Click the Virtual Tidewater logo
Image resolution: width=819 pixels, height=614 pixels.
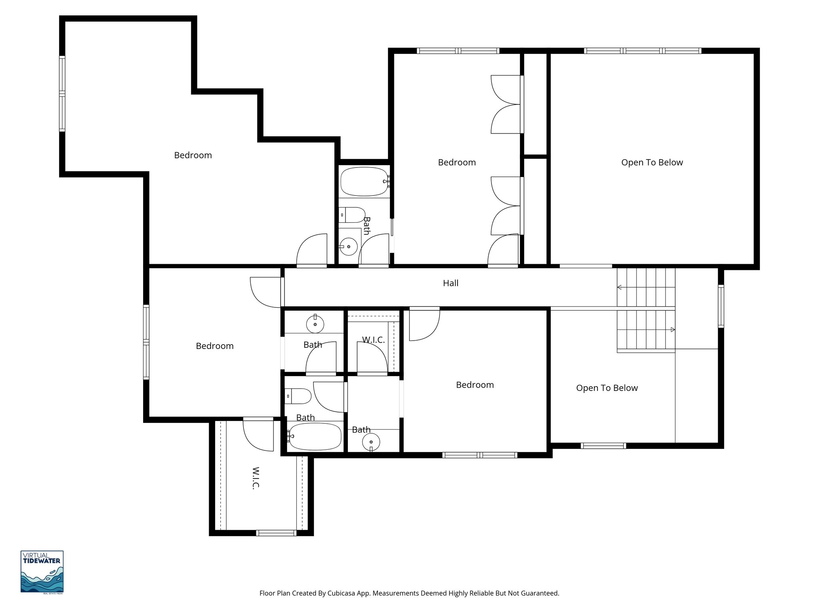[x=42, y=572]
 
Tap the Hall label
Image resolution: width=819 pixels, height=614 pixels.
[x=450, y=283]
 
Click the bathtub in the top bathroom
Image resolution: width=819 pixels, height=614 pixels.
[x=364, y=181]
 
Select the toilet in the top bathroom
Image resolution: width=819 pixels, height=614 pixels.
[x=353, y=215]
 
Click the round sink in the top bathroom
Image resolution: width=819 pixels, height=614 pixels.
[x=349, y=247]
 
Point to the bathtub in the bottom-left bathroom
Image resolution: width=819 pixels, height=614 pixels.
[x=315, y=436]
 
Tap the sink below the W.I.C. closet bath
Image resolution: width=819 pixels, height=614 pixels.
[x=371, y=442]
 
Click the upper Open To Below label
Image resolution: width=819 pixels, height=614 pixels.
[x=652, y=162]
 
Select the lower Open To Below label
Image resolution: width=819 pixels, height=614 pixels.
[x=607, y=388]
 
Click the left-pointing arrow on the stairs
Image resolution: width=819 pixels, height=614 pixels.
[x=619, y=287]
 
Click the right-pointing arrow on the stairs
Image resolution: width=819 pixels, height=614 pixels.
[x=673, y=330]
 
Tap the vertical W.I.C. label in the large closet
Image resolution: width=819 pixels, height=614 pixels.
[x=256, y=478]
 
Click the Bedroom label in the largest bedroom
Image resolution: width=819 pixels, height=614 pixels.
[x=193, y=155]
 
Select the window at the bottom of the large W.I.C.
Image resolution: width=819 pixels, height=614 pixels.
[x=276, y=532]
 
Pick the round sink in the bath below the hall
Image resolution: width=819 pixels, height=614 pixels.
[x=315, y=324]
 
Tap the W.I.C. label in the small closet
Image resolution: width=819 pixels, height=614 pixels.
[x=373, y=340]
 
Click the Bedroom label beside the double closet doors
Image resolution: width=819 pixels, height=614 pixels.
[x=457, y=162]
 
